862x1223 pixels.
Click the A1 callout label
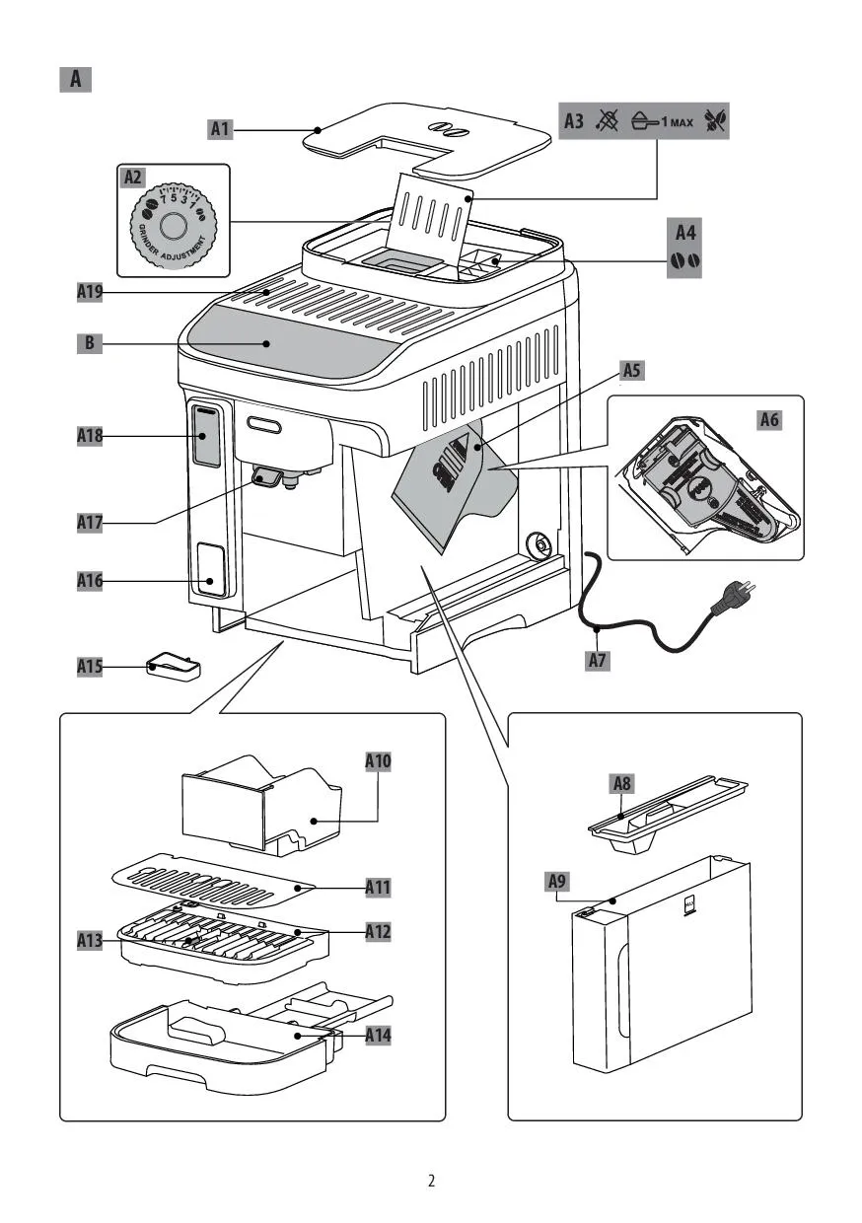point(220,127)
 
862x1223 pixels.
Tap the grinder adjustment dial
point(174,224)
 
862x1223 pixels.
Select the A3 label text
point(575,122)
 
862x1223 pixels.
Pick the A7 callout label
point(597,661)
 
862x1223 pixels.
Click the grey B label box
point(90,343)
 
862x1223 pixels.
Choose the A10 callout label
point(378,761)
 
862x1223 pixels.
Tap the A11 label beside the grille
point(378,888)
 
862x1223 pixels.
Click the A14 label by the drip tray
point(378,1036)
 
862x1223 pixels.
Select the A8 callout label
point(621,784)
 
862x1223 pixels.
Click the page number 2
point(431,1181)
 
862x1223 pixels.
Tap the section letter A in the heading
point(75,79)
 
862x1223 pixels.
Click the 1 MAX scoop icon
point(663,122)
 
